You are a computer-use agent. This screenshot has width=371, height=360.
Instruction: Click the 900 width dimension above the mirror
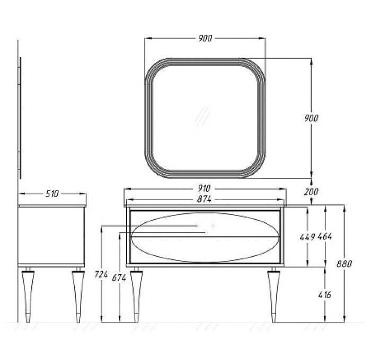coord(205,38)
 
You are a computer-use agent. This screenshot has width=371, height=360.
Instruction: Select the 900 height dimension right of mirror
coord(311,118)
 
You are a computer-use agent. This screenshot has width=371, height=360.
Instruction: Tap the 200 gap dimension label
coord(311,192)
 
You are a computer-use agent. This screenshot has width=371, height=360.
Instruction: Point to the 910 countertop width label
coord(204,188)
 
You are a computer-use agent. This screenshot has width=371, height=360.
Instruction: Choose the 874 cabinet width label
coord(204,199)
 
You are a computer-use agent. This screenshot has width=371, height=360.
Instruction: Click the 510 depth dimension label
coord(52,194)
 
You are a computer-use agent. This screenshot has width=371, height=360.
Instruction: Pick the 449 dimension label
coord(307,236)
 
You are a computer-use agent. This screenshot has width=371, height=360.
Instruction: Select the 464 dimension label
coord(324,236)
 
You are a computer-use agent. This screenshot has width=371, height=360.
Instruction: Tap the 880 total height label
coord(344,264)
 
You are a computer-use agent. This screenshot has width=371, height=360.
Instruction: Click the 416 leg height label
coord(324,295)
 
